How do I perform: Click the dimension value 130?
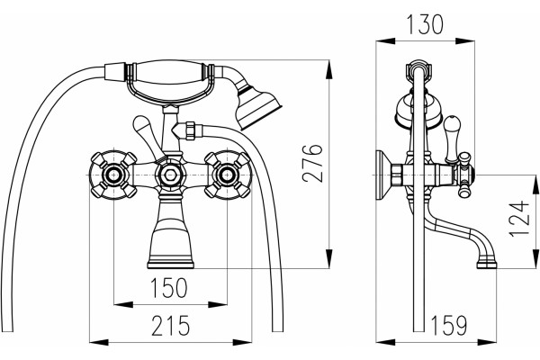click(426, 24)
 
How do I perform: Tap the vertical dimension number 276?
click(312, 163)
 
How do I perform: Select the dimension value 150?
click(169, 288)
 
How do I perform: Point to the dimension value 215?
click(171, 326)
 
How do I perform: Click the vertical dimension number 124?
click(519, 219)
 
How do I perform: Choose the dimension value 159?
click(449, 326)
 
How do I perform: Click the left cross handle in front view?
click(113, 175)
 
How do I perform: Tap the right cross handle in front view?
click(227, 175)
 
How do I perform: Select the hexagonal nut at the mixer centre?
click(170, 175)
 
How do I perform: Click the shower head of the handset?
click(259, 108)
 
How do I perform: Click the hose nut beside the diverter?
click(190, 130)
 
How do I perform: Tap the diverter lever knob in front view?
click(141, 127)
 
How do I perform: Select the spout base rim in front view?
click(170, 265)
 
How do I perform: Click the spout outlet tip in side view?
click(487, 265)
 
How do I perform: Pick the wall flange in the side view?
click(383, 175)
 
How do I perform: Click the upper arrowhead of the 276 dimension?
click(329, 69)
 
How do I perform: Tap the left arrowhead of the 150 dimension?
click(123, 304)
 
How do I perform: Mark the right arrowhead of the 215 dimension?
click(242, 342)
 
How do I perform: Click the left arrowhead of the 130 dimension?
click(385, 41)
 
